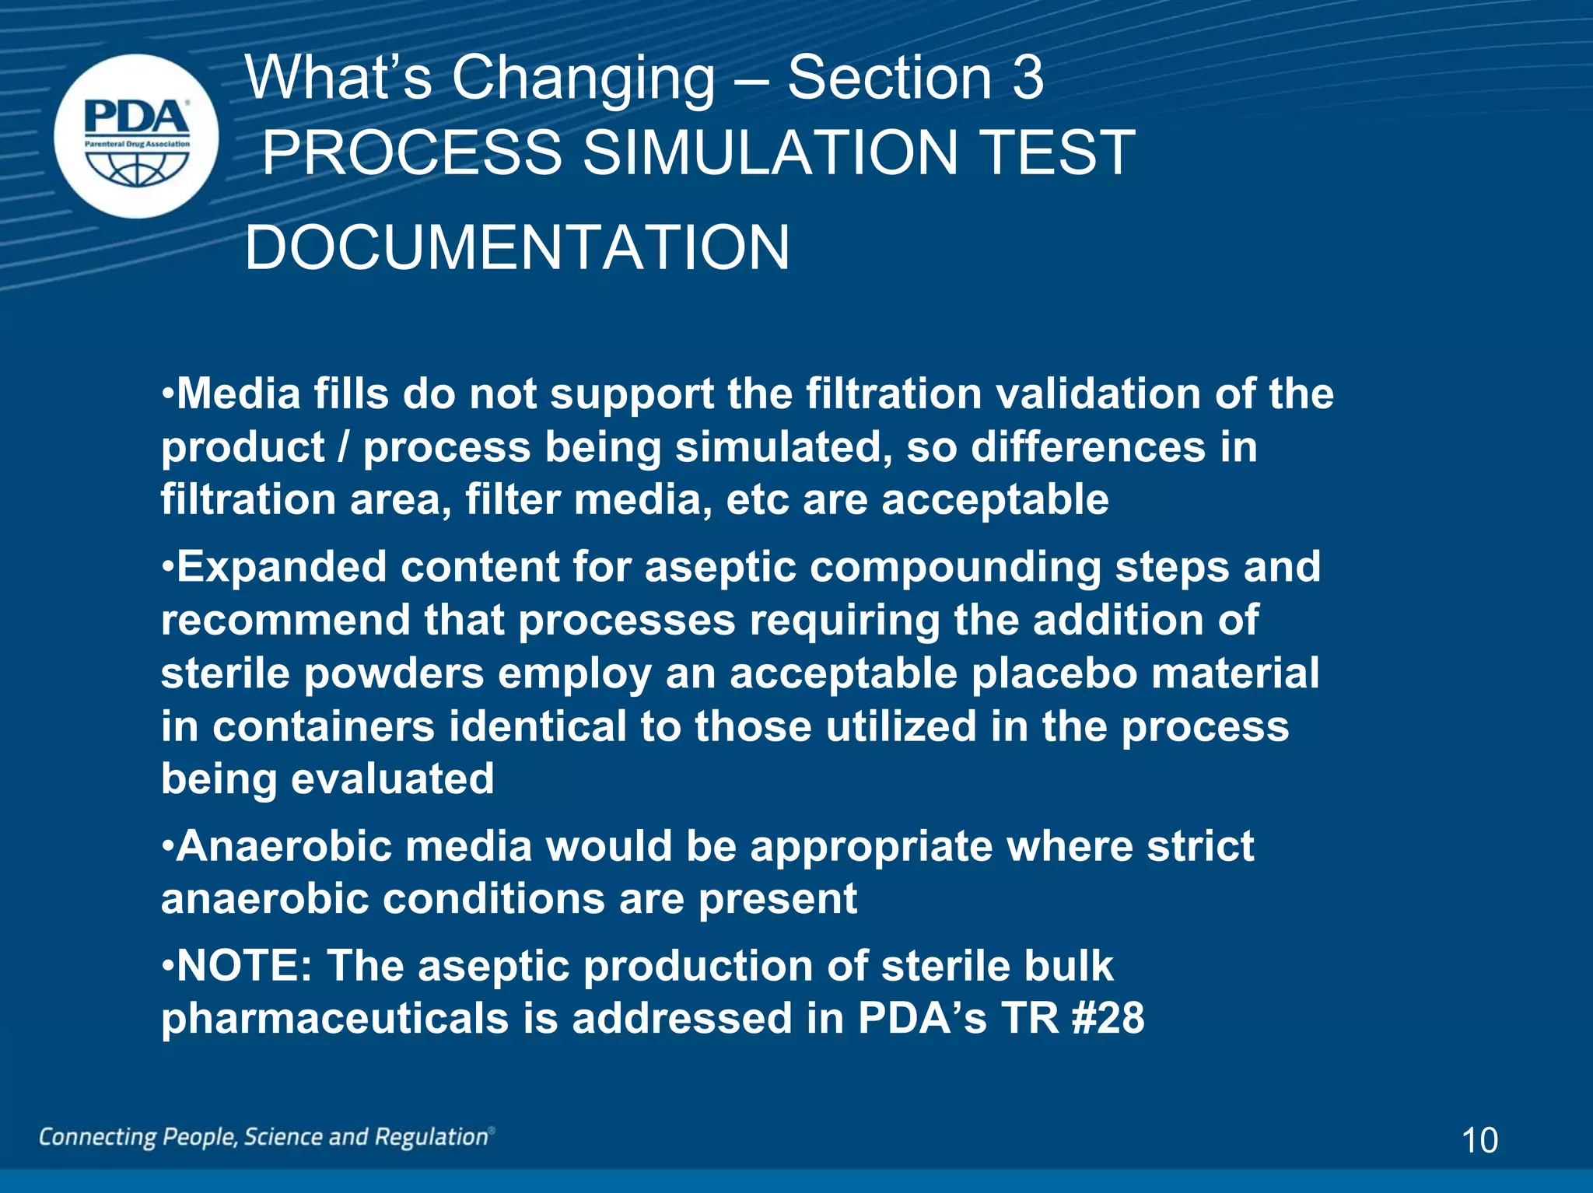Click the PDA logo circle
137,136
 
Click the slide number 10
1479,1140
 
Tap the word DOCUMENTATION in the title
517,248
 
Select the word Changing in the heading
583,79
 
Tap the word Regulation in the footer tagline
432,1137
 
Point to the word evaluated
393,779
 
